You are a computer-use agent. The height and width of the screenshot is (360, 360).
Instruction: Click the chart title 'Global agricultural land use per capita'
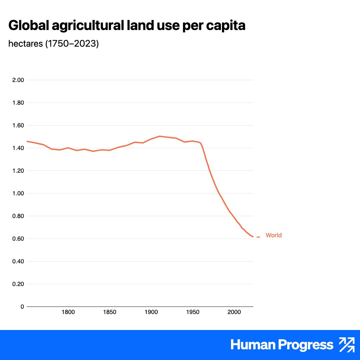click(x=127, y=26)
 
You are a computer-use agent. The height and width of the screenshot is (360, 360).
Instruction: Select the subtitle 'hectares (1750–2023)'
click(x=53, y=44)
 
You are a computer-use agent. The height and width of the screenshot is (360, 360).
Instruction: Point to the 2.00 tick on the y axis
click(x=18, y=80)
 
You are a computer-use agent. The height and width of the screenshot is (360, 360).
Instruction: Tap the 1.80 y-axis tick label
click(x=18, y=103)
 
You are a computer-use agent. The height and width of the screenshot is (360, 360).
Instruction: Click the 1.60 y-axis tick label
click(x=18, y=125)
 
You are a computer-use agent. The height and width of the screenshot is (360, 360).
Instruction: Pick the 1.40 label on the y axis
click(x=18, y=148)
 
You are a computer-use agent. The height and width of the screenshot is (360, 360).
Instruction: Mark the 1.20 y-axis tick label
click(x=18, y=171)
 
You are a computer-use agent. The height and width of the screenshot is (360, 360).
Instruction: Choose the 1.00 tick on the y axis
click(x=18, y=193)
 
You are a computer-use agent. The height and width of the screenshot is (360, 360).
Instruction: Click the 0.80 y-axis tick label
click(x=18, y=216)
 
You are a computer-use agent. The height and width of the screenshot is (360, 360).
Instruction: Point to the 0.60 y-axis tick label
click(x=18, y=239)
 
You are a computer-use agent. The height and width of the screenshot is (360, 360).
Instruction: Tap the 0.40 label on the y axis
click(x=18, y=261)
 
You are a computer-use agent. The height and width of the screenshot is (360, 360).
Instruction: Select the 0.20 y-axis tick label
click(x=18, y=284)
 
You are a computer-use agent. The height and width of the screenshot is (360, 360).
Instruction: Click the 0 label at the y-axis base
click(x=22, y=307)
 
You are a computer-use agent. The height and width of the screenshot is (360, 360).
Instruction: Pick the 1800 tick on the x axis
click(x=68, y=312)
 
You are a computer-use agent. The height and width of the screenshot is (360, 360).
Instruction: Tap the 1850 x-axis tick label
click(x=110, y=312)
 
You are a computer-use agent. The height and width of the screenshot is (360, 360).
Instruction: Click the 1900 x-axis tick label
click(x=151, y=312)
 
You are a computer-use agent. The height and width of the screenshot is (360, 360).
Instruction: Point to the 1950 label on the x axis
click(x=193, y=312)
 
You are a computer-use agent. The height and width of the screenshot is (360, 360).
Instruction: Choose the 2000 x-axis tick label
click(x=234, y=312)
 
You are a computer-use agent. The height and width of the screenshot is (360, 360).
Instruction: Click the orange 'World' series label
click(x=273, y=235)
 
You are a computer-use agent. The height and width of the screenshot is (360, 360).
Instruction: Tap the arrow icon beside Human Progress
click(x=347, y=345)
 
